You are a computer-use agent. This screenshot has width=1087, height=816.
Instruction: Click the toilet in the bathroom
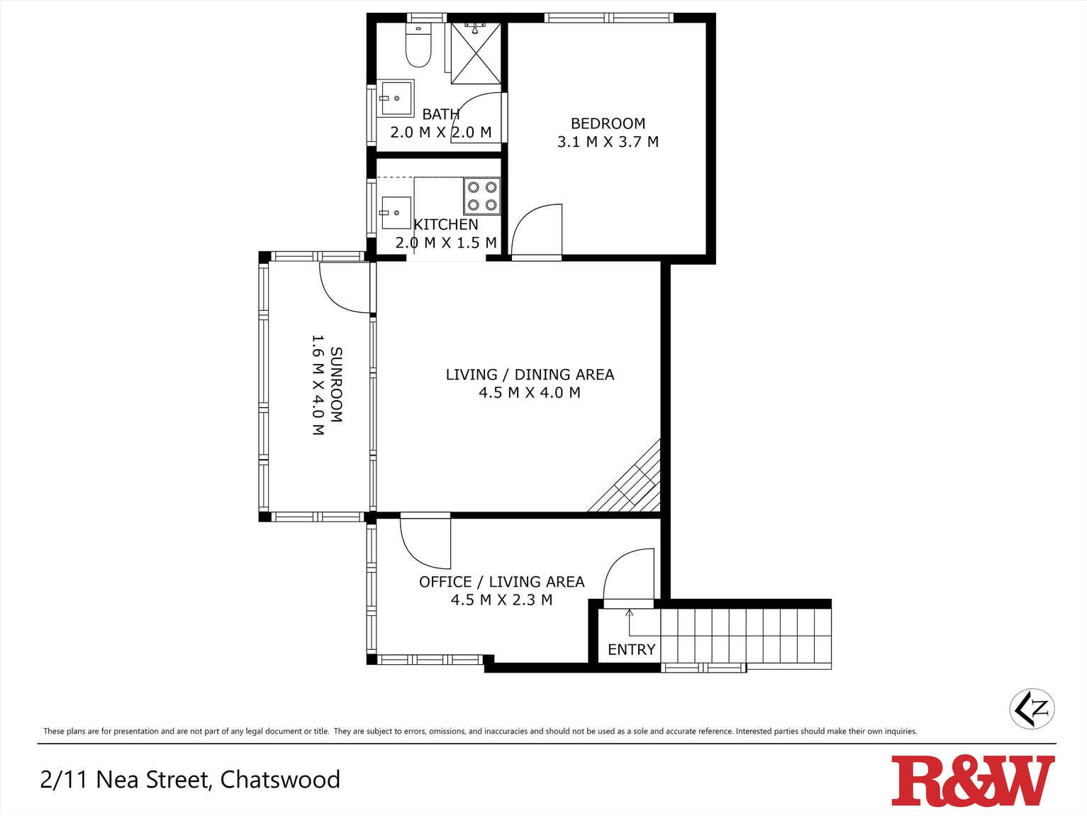(x=418, y=45)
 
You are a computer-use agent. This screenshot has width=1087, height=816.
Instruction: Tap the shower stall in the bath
(x=475, y=53)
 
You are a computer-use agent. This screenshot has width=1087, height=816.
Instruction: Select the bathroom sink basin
(x=395, y=99)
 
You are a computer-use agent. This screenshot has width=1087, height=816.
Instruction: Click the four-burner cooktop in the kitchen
(x=482, y=197)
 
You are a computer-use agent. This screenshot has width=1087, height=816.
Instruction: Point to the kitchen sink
(x=396, y=213)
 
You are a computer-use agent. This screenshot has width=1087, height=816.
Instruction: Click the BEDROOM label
(x=608, y=123)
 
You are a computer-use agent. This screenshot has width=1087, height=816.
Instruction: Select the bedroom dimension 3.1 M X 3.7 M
(x=608, y=142)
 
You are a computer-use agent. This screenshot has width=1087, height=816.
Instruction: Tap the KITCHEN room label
(x=446, y=225)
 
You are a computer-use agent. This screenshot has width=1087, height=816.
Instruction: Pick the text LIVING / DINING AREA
(x=530, y=375)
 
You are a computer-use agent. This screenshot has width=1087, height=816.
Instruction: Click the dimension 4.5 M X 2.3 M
(x=501, y=600)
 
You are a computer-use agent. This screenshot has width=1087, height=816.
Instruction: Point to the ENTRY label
(x=631, y=649)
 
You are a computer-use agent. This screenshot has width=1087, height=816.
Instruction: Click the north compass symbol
(x=1032, y=708)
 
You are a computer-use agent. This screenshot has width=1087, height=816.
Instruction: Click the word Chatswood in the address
(x=280, y=779)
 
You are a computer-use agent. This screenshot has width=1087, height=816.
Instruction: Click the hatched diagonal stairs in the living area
(x=629, y=480)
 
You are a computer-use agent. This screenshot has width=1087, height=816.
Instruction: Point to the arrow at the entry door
(x=630, y=622)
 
